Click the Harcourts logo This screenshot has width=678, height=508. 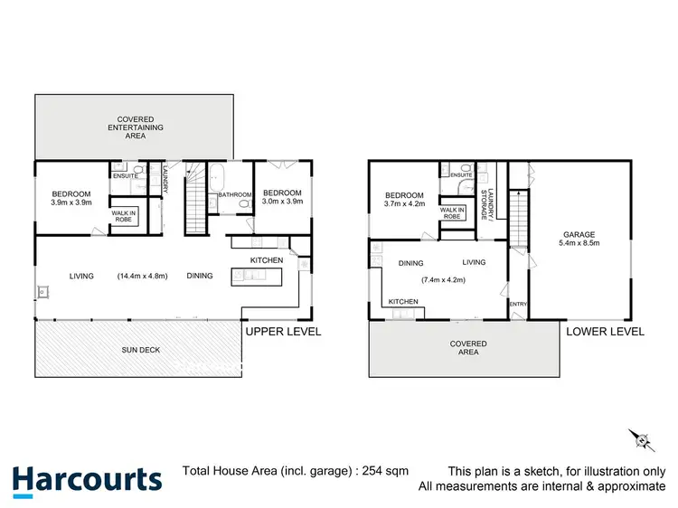pos(87,479)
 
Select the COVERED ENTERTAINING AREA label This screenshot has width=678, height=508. pos(134,127)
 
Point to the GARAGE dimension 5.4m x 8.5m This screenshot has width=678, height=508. pos(579,243)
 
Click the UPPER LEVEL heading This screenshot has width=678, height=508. pos(283,332)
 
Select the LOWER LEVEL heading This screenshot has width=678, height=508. pos(605,332)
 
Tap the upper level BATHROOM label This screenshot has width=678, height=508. pos(234,194)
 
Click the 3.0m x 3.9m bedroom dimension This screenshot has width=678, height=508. pos(282,202)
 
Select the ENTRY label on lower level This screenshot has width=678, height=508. pos(517,305)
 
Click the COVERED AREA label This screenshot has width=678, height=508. pos(468,349)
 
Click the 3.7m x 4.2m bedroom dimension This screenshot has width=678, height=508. pos(404,205)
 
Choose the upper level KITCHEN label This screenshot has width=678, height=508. pos(267,260)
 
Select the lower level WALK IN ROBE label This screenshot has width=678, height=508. pos(452,213)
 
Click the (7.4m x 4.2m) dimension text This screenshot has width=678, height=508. pos(442,279)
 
